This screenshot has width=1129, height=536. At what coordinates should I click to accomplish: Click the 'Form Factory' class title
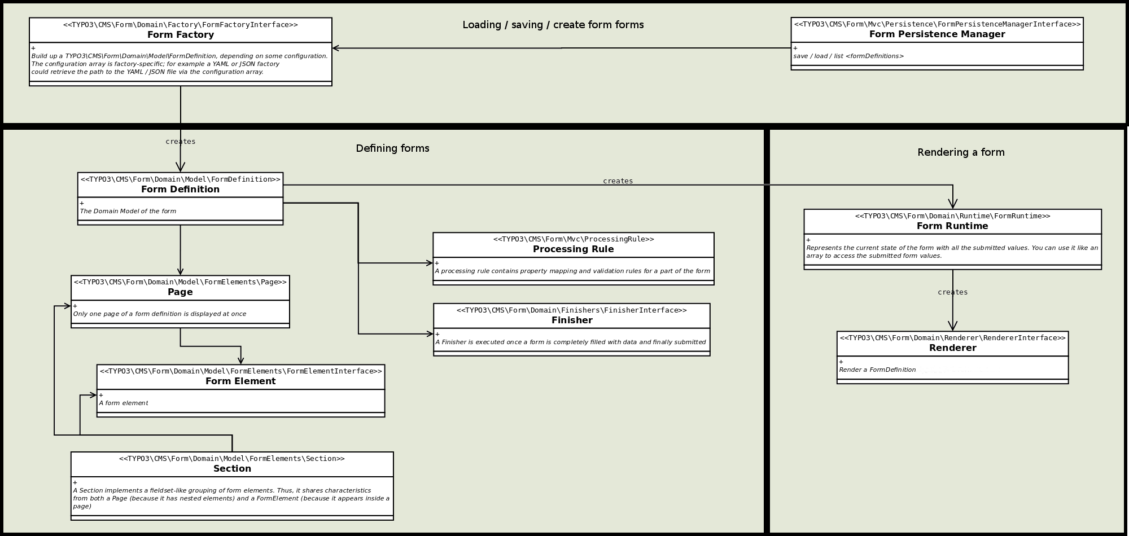tap(181, 35)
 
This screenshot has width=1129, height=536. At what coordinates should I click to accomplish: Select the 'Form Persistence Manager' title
tap(937, 34)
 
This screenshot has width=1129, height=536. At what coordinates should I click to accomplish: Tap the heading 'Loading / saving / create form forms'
tap(553, 25)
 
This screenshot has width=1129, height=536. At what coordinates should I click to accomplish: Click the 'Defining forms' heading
tap(392, 148)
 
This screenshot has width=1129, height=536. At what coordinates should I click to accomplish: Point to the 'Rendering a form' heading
tap(961, 152)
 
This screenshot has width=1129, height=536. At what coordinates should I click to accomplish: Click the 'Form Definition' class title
tap(180, 190)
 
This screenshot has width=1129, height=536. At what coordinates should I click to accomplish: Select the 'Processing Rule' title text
tap(573, 249)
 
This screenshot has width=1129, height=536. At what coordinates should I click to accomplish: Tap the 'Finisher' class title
tap(572, 320)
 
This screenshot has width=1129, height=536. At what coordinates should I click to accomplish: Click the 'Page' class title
tap(180, 292)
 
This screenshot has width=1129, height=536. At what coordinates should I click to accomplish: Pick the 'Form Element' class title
tap(240, 381)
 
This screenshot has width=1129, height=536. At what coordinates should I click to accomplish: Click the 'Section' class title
tap(232, 469)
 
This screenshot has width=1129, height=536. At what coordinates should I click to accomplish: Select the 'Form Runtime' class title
tap(952, 226)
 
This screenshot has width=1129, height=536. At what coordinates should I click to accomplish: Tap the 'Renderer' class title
tap(952, 348)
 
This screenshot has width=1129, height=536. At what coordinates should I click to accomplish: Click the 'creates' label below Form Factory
tap(181, 142)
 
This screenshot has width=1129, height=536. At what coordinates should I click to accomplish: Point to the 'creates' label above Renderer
tap(952, 292)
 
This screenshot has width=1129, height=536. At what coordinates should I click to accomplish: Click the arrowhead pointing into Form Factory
tap(336, 49)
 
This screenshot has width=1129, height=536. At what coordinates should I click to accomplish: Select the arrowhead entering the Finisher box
tap(430, 334)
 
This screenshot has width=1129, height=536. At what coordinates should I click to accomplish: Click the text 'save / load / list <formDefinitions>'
tap(848, 56)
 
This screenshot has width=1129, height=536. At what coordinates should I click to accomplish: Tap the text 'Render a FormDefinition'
tap(877, 370)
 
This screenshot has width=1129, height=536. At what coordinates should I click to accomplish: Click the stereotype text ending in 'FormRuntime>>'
tap(952, 216)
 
